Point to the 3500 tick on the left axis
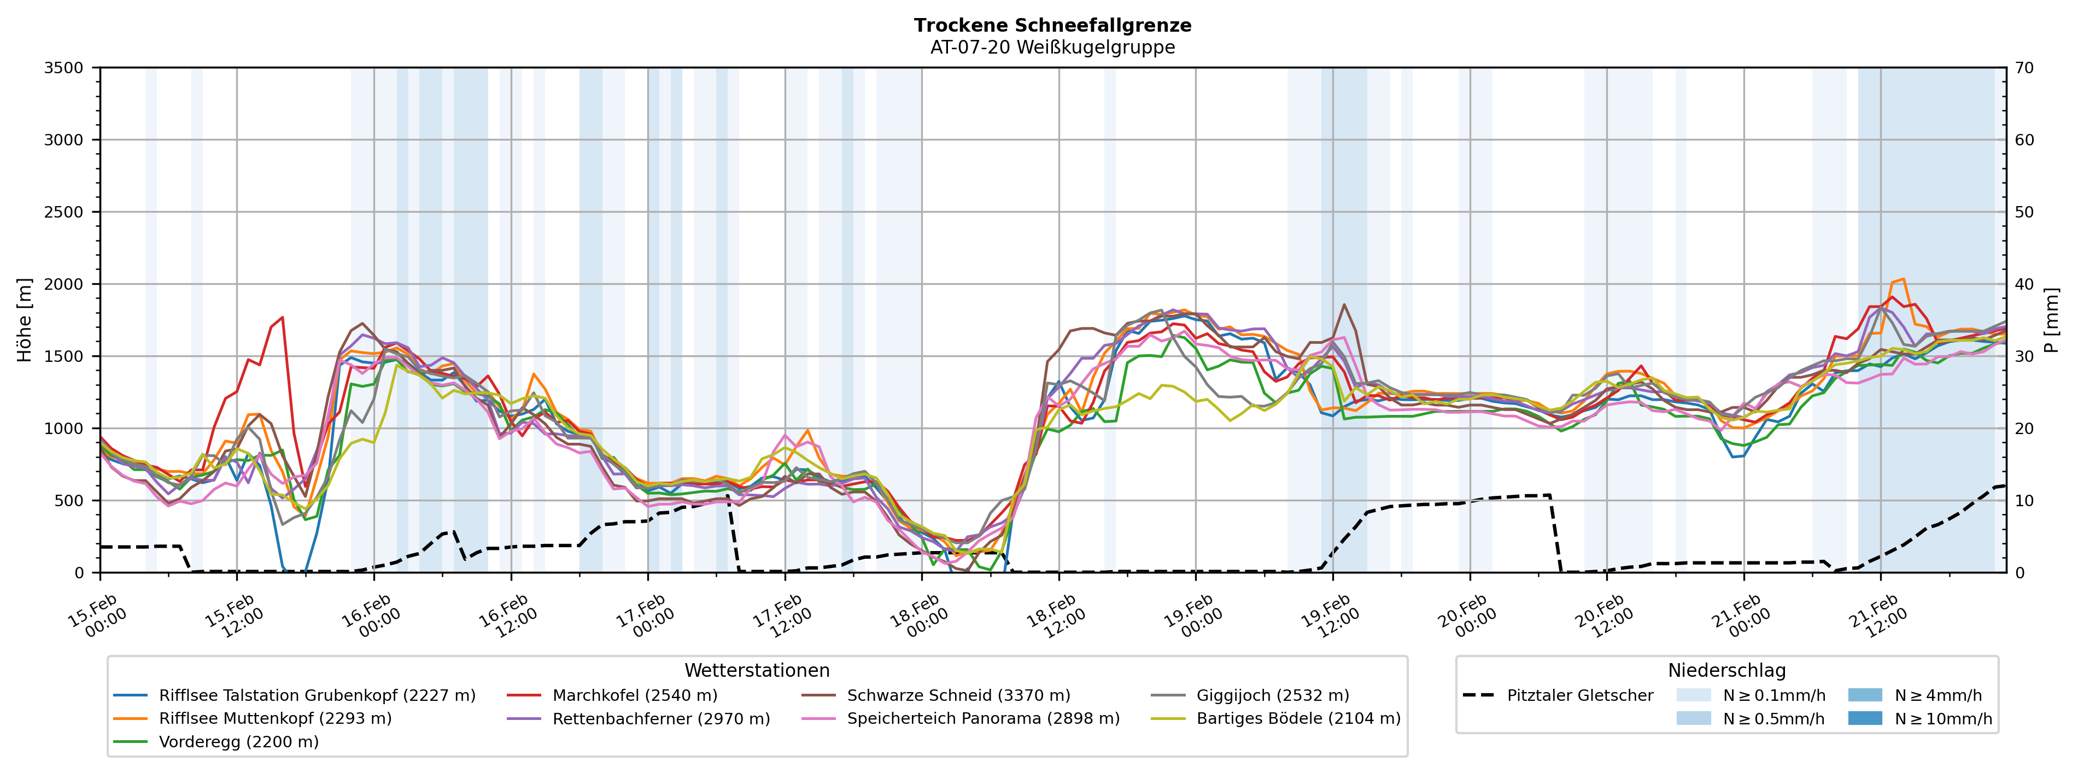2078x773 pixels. (x=64, y=68)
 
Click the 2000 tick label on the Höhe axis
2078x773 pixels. (x=64, y=284)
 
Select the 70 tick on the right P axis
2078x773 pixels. (x=2024, y=68)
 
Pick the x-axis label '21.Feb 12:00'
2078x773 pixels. (x=1878, y=617)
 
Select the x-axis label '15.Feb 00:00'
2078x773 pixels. (x=97, y=617)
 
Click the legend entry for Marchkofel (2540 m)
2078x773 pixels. (x=634, y=695)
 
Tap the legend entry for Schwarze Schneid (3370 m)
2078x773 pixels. (x=958, y=695)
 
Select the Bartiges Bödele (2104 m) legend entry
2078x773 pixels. (x=1298, y=718)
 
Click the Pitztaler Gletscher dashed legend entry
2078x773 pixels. (x=1579, y=695)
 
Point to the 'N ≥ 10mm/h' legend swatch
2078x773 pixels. (x=1864, y=718)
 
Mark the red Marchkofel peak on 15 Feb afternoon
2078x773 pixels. (x=282, y=317)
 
